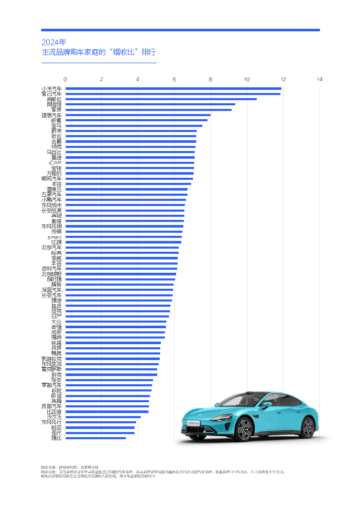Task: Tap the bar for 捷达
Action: tap(96, 438)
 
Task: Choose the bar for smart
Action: tap(123, 237)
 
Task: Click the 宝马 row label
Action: tap(56, 126)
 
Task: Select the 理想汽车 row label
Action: tap(51, 115)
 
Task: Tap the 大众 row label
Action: tap(56, 322)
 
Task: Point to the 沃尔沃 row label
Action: tap(54, 417)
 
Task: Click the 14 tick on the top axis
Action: tap(319, 79)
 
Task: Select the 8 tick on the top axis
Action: tap(211, 79)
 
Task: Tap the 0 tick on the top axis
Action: tap(65, 79)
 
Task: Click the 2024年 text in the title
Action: tap(54, 42)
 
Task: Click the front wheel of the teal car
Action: tap(244, 429)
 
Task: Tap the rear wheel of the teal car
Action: tap(307, 427)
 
